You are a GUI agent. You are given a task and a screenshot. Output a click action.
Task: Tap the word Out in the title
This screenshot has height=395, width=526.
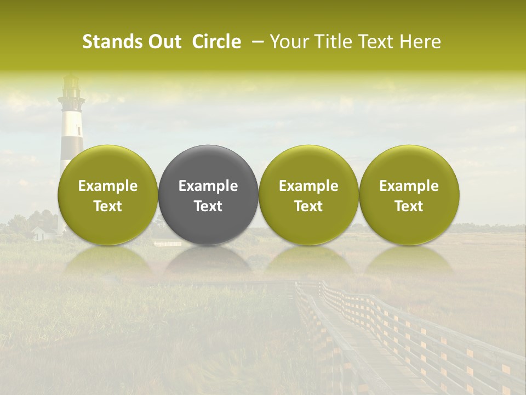pos(163,42)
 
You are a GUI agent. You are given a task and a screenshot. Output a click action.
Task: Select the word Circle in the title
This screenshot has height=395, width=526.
pos(216,42)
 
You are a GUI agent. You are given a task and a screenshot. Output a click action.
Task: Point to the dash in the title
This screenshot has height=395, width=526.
pos(256,42)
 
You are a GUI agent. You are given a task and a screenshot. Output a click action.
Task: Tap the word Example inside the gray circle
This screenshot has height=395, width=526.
pos(208,186)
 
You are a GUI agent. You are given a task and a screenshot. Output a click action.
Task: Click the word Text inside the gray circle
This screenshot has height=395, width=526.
pos(208,206)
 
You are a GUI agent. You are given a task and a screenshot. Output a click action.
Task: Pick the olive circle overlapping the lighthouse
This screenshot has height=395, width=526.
pos(108,195)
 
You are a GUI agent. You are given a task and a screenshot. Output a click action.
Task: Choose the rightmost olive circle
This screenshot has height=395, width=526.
pos(409,195)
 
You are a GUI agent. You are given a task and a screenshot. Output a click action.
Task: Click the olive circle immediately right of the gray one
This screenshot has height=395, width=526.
pos(308,195)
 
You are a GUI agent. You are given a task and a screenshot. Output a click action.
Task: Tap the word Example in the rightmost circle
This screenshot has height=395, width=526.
pos(409,186)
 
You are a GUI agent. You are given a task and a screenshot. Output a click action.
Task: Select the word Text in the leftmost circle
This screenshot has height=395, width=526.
pos(108,206)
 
